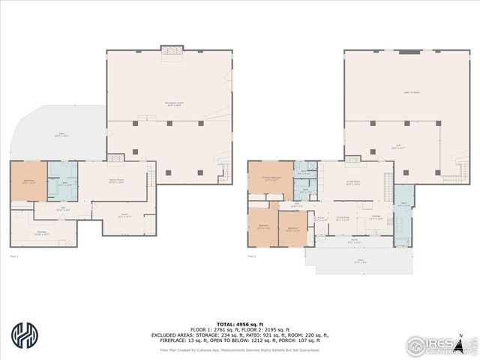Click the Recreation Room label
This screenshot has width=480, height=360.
coord(174,103)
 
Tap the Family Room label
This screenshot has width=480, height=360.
coord(116,182)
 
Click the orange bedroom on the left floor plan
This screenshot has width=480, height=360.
coord(28,181)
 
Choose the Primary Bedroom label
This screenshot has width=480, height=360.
coord(270,179)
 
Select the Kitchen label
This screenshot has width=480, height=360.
coord(376,219)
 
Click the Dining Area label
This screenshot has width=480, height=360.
coord(342,219)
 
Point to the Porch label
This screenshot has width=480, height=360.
coord(353,241)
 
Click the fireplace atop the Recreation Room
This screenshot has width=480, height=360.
coord(172,50)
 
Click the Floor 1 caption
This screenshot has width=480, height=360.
coord(13,256)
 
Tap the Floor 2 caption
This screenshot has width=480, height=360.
coord(251,256)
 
